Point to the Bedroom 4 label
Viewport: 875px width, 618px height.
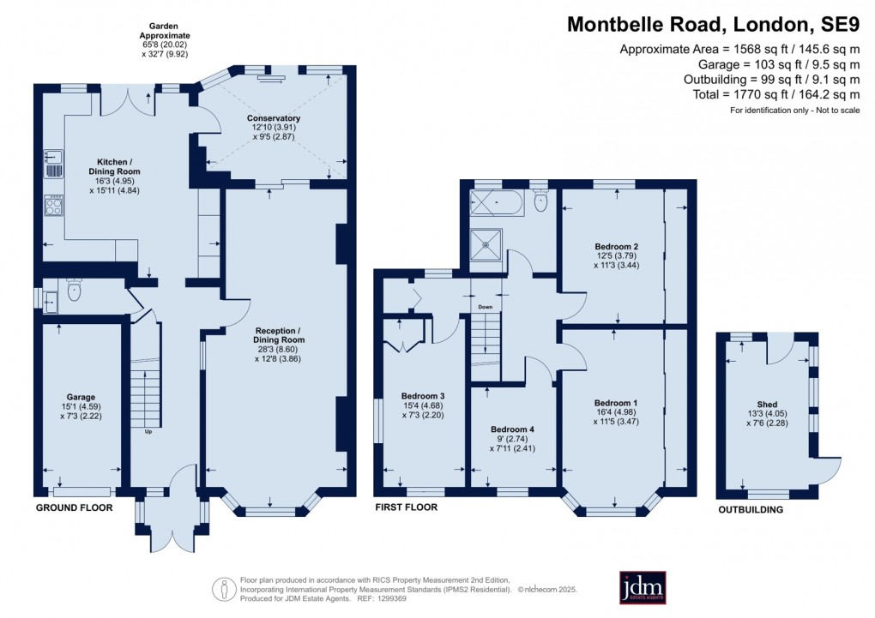pos(513,429)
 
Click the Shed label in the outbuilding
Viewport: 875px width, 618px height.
pos(767,405)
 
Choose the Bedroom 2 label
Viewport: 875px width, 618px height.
pos(617,247)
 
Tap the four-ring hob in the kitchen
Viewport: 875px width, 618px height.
pos(53,206)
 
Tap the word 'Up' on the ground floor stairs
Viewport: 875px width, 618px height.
pos(148,431)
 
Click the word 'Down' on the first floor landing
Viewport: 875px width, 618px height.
pos(486,306)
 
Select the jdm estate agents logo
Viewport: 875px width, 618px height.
pos(643,588)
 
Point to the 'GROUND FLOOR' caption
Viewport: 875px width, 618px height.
pos(75,508)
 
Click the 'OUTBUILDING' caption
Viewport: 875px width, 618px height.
pos(751,510)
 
